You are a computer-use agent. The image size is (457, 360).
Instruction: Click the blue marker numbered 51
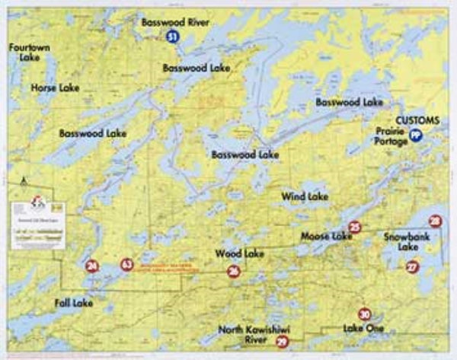174,37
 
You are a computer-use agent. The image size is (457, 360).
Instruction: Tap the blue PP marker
416,135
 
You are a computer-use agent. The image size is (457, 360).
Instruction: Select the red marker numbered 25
354,227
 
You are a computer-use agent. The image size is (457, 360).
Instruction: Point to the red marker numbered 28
435,221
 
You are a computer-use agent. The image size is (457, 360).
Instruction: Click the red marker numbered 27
412,267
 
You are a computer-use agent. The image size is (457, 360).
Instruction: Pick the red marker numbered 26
234,271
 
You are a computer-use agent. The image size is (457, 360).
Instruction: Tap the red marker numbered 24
92,266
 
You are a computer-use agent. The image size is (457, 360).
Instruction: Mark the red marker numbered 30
365,314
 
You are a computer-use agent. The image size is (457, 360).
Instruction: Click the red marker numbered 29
282,343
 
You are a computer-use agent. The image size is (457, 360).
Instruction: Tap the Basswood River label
174,23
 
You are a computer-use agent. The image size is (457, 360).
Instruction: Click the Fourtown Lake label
25,53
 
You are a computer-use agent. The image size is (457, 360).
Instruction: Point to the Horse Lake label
55,88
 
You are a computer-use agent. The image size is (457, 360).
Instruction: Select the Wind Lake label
305,196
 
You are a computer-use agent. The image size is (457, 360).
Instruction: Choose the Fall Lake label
73,303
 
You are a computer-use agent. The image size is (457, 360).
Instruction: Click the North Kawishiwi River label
255,335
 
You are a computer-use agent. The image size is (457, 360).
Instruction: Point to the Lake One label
363,329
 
